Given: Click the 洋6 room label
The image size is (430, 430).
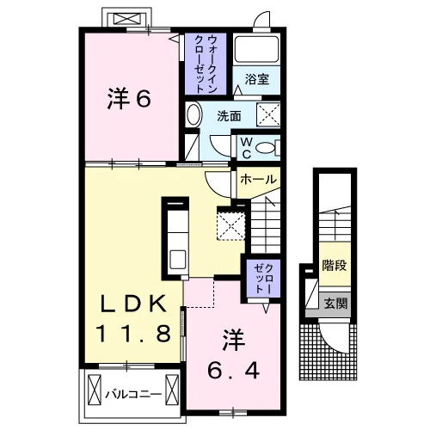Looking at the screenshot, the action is pyautogui.click(x=129, y=99).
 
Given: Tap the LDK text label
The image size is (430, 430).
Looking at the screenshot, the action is pyautogui.click(x=132, y=304).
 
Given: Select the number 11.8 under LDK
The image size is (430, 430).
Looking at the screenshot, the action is pyautogui.click(x=133, y=334).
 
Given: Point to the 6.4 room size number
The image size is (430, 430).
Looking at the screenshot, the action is pyautogui.click(x=233, y=370).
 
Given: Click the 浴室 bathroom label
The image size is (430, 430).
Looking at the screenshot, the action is pyautogui.click(x=257, y=79).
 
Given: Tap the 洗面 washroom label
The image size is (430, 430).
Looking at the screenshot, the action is pyautogui.click(x=229, y=116).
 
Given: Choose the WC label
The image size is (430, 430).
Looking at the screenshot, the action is pyautogui.click(x=246, y=148).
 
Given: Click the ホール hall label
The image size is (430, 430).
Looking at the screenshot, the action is pyautogui.click(x=259, y=180).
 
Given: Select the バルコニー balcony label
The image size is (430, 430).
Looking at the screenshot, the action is pyautogui.click(x=133, y=395).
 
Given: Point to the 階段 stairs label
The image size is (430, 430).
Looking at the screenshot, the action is pyautogui.click(x=335, y=265).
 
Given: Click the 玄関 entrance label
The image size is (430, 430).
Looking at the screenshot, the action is pyautogui.click(x=335, y=304).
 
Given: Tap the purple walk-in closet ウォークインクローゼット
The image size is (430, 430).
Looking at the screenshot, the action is pyautogui.click(x=206, y=64).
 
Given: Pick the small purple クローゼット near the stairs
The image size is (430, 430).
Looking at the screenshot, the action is pyautogui.click(x=263, y=279).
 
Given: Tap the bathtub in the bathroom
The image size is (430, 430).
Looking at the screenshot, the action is pyautogui.click(x=256, y=49).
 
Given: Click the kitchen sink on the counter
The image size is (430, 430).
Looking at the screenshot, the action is pyautogui.click(x=178, y=260).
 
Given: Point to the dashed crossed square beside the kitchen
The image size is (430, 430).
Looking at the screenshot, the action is pyautogui.click(x=230, y=226).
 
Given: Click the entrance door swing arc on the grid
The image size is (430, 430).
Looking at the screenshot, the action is pyautogui.click(x=334, y=339).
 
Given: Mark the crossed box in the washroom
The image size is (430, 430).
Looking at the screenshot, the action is pyautogui.click(x=268, y=114).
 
